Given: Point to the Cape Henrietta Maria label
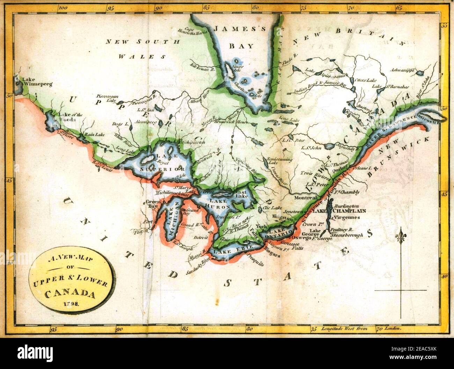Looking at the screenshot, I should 197,32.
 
